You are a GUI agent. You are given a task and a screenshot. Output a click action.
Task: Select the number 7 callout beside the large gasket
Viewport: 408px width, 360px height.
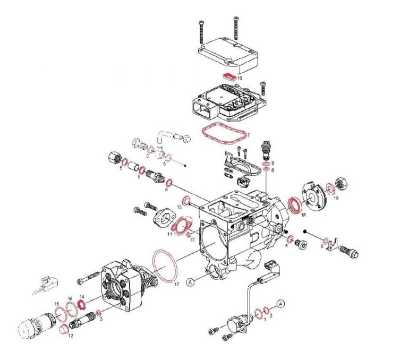[x=247, y=135]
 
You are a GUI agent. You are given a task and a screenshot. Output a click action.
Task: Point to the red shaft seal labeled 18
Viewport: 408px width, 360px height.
[x=294, y=204]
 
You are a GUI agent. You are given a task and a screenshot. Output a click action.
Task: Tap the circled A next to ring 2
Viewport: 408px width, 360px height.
[x=281, y=303]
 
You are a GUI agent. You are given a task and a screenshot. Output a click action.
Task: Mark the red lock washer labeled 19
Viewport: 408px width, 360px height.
[x=330, y=188]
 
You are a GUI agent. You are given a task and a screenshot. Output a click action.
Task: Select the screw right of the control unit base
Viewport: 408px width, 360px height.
[x=262, y=87]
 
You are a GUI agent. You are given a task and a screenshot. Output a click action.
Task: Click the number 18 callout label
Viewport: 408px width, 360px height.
[x=303, y=215]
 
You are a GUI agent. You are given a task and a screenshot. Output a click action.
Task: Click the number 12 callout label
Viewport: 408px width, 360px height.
[x=70, y=336]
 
